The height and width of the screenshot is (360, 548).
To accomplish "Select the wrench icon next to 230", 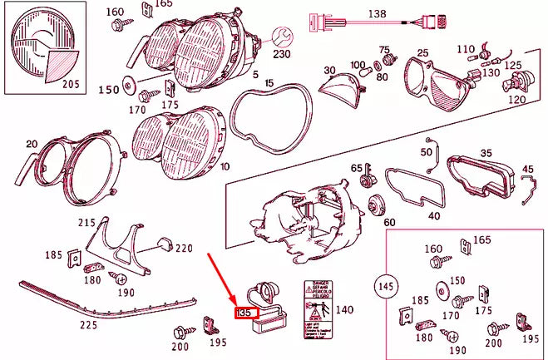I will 281,36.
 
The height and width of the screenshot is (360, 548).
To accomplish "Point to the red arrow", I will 225,283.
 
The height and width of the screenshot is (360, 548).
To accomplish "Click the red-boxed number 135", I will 244,313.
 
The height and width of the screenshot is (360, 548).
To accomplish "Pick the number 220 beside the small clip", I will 183,248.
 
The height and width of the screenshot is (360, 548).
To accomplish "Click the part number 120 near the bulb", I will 516,99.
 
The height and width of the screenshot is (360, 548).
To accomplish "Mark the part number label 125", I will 513,64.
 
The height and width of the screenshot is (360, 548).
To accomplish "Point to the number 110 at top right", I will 466,49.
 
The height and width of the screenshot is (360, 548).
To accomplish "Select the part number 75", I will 384,51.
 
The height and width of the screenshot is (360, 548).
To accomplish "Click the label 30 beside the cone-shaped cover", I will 329,70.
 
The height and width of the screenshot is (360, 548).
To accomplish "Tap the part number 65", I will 356,169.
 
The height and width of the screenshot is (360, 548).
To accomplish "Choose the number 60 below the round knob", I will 389,223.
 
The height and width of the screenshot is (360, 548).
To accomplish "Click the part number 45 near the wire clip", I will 528,170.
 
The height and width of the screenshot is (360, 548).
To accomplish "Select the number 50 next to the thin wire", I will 427,152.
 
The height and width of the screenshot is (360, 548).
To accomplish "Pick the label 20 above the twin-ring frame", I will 32,145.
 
